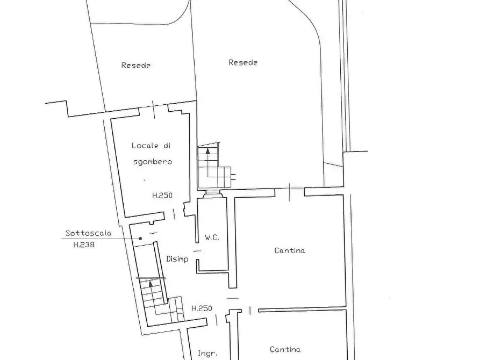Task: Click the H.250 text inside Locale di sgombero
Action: click(x=162, y=196)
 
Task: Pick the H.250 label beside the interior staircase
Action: click(x=202, y=308)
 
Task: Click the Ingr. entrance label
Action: click(x=207, y=353)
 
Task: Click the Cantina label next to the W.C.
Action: click(x=290, y=250)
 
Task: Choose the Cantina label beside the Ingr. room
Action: click(x=285, y=350)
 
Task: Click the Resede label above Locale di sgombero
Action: click(x=135, y=66)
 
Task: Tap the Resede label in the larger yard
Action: click(x=243, y=62)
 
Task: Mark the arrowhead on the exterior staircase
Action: click(x=208, y=151)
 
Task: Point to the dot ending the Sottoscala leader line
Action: click(x=140, y=239)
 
